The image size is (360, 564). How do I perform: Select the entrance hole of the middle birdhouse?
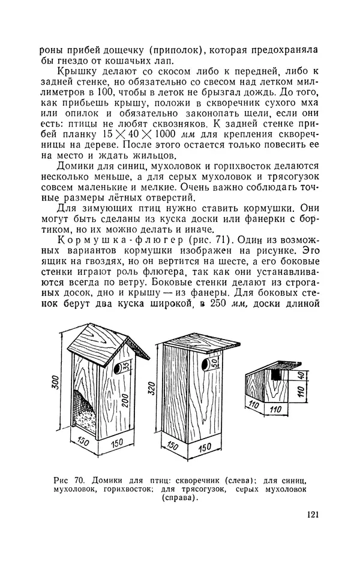(204, 364)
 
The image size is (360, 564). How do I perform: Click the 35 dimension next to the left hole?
(126, 368)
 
